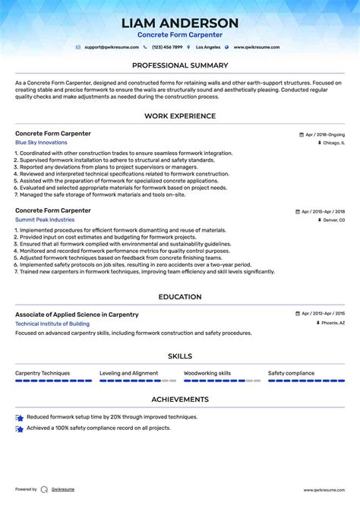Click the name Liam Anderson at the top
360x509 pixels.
180,23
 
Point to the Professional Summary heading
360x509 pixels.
180,65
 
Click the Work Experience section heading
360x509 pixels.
180,115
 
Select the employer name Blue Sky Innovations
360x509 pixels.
41,143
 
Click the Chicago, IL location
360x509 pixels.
333,143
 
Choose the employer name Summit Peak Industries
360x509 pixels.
45,220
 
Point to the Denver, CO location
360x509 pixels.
333,220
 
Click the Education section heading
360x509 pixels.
180,297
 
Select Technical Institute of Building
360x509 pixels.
52,324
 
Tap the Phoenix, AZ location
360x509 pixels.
333,323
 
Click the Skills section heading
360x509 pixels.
180,356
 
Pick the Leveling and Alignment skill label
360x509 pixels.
129,373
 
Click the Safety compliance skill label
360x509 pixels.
291,373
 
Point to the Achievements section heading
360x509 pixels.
180,399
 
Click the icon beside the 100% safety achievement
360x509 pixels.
20,428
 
